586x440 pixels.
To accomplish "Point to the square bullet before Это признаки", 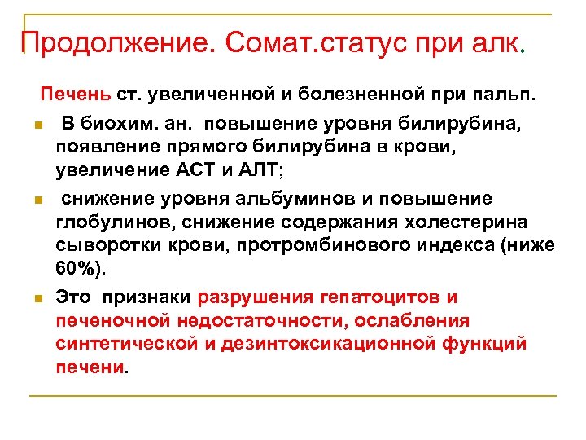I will (x=37, y=299).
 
